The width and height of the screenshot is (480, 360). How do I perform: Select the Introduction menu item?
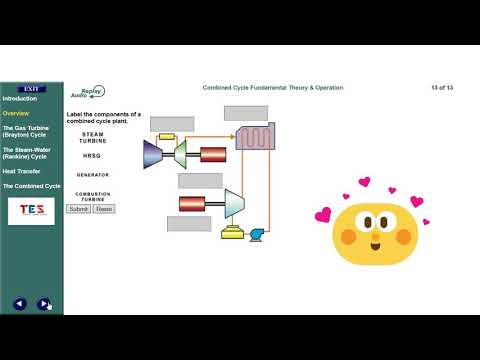(x=20, y=98)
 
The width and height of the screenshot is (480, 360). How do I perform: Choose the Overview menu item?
(x=16, y=113)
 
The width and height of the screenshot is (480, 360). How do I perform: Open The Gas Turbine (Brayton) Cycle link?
(x=26, y=131)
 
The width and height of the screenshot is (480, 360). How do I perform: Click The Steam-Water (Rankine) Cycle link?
(x=26, y=153)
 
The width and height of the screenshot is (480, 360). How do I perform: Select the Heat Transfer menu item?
(x=21, y=171)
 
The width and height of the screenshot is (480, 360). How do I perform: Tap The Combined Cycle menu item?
(x=31, y=186)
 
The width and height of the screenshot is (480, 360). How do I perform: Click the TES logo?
(x=31, y=210)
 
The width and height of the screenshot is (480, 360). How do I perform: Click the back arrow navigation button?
(x=19, y=304)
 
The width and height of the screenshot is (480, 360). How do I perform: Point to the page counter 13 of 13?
(x=442, y=88)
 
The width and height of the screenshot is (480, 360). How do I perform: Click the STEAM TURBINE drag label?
(x=93, y=137)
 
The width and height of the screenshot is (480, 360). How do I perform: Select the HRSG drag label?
(x=92, y=156)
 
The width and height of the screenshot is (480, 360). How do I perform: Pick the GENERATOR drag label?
(x=93, y=175)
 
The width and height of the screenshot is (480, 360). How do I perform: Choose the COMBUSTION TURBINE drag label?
(x=93, y=196)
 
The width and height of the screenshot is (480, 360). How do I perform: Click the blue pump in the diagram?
(x=257, y=233)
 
